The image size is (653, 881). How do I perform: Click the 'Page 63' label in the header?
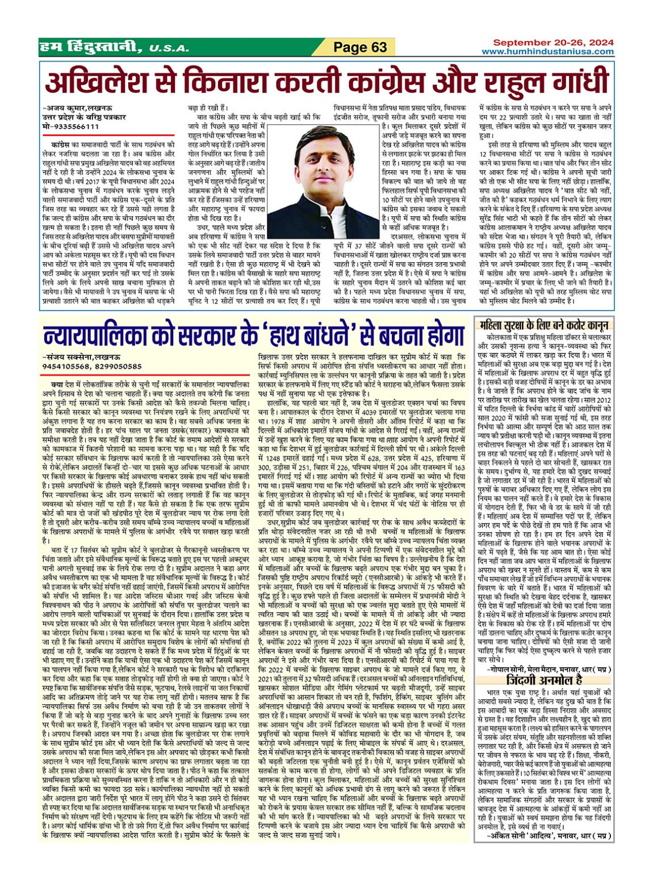point(360,47)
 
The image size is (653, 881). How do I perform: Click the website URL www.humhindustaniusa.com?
point(547,52)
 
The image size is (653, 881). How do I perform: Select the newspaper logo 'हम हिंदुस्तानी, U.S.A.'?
point(114,47)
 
